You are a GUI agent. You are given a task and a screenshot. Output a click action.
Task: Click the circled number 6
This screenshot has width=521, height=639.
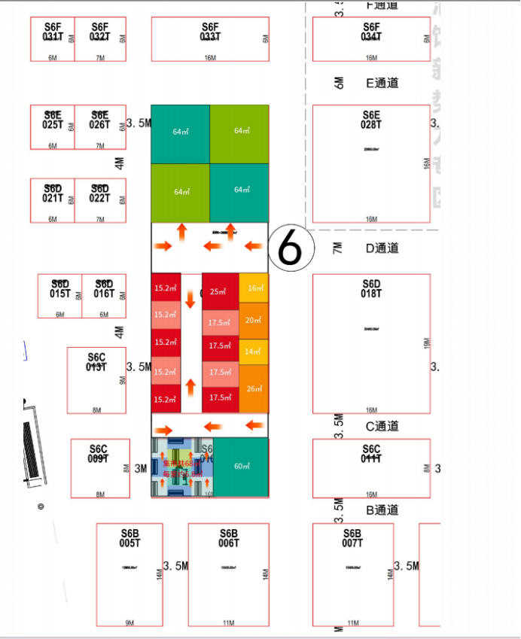pyautogui.click(x=290, y=246)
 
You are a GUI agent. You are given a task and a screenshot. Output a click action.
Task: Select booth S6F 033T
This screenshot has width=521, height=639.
pyautogui.click(x=210, y=39)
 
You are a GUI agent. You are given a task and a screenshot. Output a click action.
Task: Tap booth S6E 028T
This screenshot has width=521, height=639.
pyautogui.click(x=371, y=163)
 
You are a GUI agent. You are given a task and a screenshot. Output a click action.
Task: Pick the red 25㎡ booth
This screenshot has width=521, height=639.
pyautogui.click(x=221, y=291)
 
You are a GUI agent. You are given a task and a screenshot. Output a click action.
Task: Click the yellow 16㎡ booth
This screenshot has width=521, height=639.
pyautogui.click(x=254, y=288)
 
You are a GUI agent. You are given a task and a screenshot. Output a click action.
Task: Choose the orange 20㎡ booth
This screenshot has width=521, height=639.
pyautogui.click(x=254, y=321)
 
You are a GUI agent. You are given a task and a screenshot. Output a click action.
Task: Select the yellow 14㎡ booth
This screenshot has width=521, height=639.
pyautogui.click(x=254, y=351)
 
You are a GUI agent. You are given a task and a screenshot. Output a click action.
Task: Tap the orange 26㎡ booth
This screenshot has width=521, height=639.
pyautogui.click(x=254, y=388)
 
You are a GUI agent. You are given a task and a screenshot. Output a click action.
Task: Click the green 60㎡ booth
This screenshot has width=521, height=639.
pyautogui.click(x=242, y=467)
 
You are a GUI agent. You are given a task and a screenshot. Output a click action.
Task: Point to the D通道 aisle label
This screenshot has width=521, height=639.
pyautogui.click(x=382, y=248)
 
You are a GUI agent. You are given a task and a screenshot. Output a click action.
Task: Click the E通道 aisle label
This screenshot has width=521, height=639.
pyautogui.click(x=382, y=84)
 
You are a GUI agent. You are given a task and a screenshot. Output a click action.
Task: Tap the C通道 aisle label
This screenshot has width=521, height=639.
pyautogui.click(x=382, y=427)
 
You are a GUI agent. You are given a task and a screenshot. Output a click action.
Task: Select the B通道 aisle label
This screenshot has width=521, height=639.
pyautogui.click(x=382, y=510)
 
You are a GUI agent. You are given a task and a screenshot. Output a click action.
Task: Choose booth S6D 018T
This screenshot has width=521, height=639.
pyautogui.click(x=371, y=343)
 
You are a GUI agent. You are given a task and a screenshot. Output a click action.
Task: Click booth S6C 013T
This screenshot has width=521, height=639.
pyautogui.click(x=96, y=380)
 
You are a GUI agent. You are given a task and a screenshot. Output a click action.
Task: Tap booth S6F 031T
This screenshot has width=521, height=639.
pyautogui.click(x=53, y=39)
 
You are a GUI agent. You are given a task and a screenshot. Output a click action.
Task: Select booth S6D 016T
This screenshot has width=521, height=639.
pyautogui.click(x=104, y=296)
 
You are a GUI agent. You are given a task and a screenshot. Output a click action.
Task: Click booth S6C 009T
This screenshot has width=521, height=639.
pyautogui.click(x=100, y=468)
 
